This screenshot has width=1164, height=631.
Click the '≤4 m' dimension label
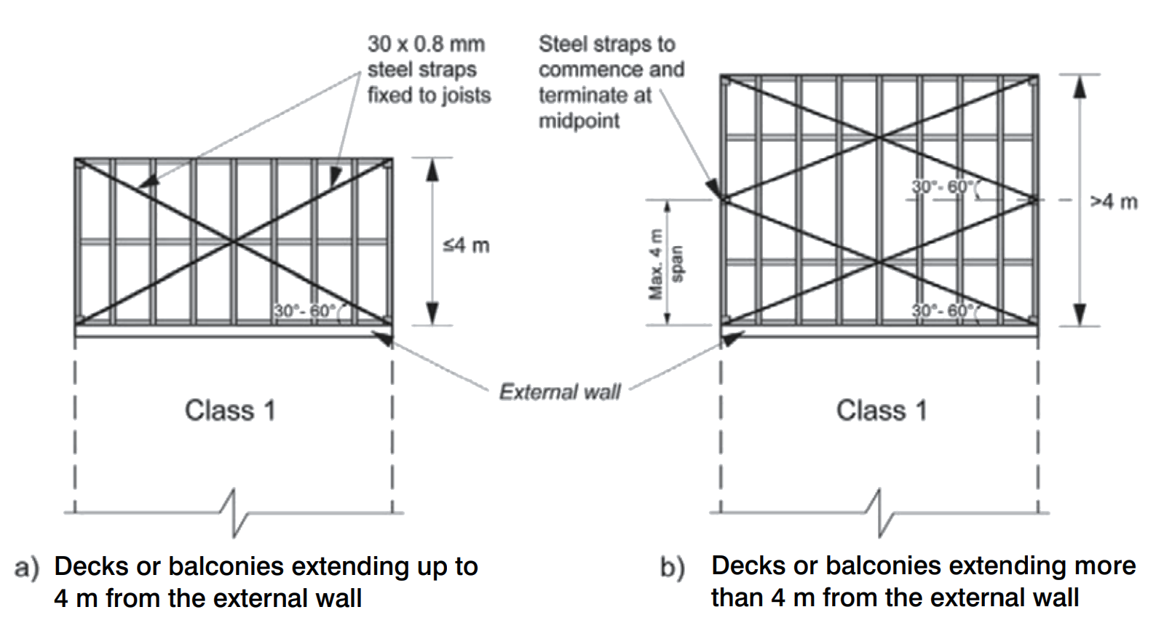[466, 245]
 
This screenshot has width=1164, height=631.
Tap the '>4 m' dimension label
[1114, 202]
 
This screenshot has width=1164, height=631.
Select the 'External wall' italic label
[560, 392]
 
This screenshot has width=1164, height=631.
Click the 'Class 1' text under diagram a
[230, 410]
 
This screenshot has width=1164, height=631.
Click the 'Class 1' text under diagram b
[882, 410]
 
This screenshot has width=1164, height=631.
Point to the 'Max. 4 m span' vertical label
[664, 263]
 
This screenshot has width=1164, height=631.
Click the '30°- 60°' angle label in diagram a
[305, 311]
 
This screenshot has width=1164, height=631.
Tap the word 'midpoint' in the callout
[579, 121]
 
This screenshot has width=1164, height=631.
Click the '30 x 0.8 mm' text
[426, 44]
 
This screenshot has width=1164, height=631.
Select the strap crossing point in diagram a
[234, 242]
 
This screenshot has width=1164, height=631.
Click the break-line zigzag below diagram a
[234, 512]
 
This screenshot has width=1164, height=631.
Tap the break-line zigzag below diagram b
[880, 512]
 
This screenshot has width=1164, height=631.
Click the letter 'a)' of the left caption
[26, 568]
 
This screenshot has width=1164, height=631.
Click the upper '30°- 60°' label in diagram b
[943, 187]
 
